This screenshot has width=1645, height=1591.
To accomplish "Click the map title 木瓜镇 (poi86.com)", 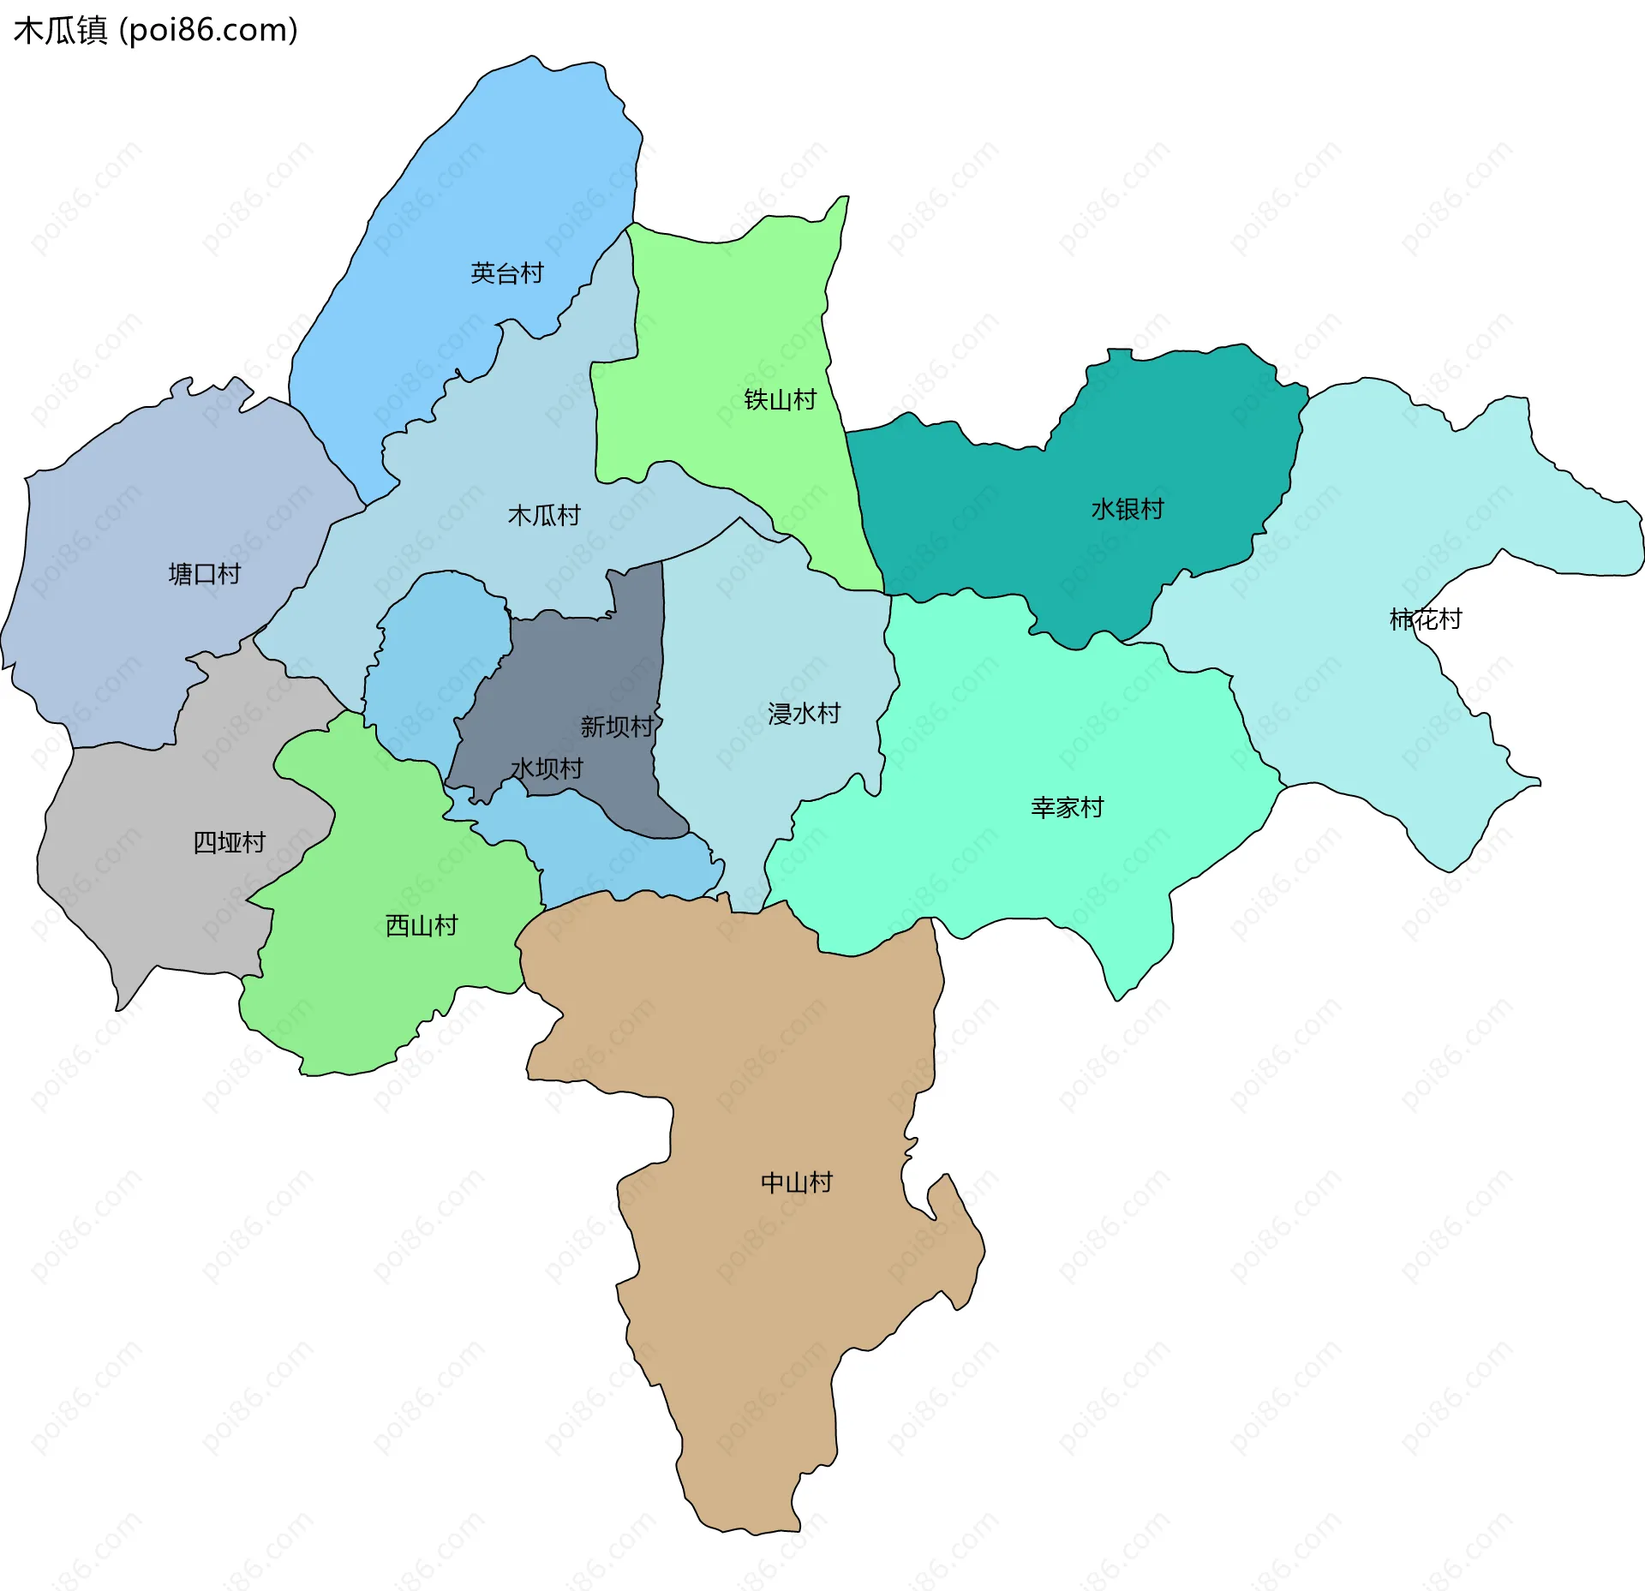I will pos(155,30).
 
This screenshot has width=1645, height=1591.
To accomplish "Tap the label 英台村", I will pos(506,273).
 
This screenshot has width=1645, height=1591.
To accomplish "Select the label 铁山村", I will pos(780,399).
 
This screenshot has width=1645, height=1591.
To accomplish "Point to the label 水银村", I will pos(1127,509).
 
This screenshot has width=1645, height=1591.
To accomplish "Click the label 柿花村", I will pos(1425,619).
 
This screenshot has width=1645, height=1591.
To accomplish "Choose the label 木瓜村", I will pos(544,515).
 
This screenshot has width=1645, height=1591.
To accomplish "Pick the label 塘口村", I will pos(205,573).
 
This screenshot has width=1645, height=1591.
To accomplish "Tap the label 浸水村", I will pos(804,713).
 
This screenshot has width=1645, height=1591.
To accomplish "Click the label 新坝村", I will pos(616,727).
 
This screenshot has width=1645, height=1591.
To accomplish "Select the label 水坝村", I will pos(547,768).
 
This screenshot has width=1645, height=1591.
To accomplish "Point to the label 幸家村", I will pos(1067,807).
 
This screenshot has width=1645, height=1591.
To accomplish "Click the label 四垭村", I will pos(229,842).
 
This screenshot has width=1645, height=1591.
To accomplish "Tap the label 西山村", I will pos(421,925).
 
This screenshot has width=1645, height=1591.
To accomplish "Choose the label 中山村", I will pos(796,1182).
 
